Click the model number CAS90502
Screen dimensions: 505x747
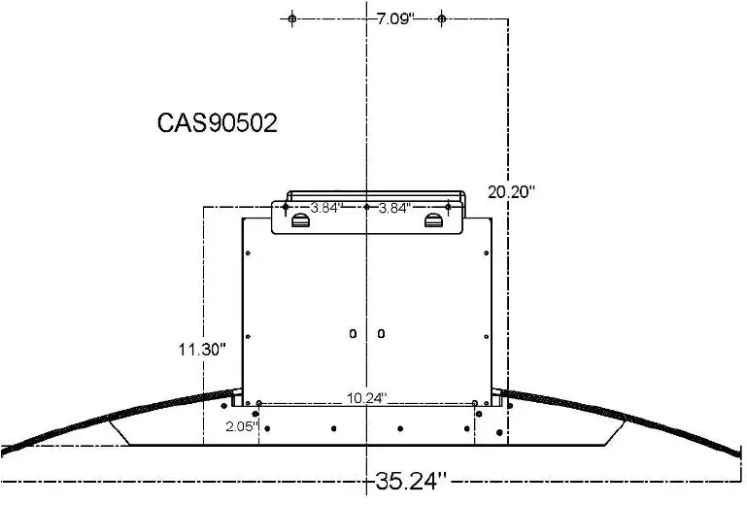218,124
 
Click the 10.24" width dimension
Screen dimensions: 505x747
366,397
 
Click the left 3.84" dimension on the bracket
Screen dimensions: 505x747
326,207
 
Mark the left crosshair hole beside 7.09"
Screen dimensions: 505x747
291,18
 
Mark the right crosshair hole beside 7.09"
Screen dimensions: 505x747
441,18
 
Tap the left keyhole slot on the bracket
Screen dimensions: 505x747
300,222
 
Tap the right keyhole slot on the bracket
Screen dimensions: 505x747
432,222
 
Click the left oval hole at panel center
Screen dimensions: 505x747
353,334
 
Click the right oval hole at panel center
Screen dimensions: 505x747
381,334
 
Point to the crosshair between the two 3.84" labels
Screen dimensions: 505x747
366,207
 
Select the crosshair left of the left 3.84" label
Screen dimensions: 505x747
286,207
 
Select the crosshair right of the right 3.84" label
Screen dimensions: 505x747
448,207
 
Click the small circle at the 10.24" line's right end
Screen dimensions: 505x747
474,404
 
